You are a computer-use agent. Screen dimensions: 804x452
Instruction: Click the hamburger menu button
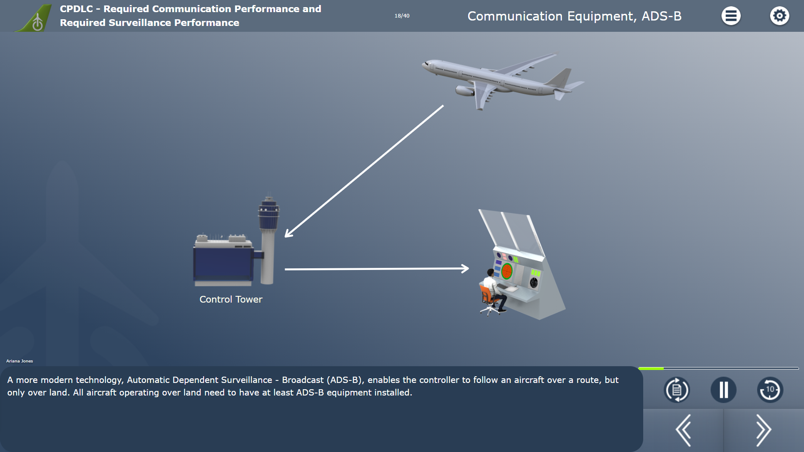tap(731, 16)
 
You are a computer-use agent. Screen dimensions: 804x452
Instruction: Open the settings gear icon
tap(779, 16)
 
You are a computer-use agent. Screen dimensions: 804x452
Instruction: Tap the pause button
tap(724, 390)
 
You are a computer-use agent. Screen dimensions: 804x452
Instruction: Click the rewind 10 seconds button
tap(770, 390)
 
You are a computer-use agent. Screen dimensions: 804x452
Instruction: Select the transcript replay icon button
tap(677, 390)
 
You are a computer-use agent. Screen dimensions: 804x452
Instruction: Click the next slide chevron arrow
tap(764, 430)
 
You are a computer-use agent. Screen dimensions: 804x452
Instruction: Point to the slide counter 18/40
tap(402, 16)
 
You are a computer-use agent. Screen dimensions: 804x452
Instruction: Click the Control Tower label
tap(231, 299)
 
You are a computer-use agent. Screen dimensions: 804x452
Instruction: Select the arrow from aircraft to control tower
tap(364, 171)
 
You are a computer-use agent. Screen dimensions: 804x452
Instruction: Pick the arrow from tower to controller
tap(377, 269)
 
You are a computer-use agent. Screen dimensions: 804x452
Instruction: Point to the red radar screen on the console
tap(507, 271)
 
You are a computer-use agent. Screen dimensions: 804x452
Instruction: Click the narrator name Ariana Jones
tap(20, 361)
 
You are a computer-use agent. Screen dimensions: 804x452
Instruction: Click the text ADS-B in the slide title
tap(662, 16)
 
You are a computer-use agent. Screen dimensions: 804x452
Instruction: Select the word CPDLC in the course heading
tap(76, 9)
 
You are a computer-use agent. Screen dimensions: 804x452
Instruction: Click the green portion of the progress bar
tap(651, 368)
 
